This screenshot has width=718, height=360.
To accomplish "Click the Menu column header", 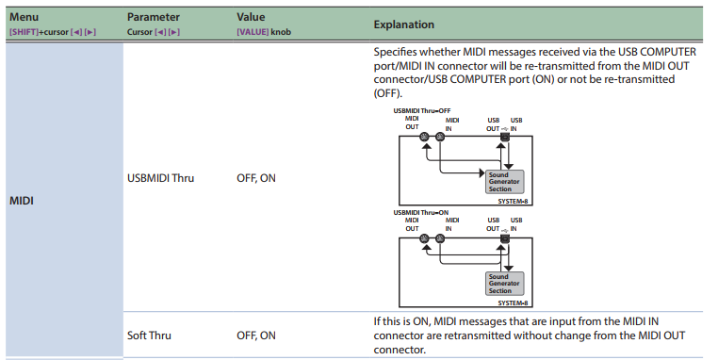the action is [x=24, y=17].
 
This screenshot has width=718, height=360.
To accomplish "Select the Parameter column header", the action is [x=154, y=17].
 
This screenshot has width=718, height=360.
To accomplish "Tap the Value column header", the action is [x=251, y=17].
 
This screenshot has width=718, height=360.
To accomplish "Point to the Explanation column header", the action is [x=404, y=25].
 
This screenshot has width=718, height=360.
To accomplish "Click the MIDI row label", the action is [x=22, y=201].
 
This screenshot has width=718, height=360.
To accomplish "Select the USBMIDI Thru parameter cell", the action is [x=161, y=178].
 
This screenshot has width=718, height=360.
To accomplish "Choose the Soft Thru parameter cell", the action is [x=149, y=335].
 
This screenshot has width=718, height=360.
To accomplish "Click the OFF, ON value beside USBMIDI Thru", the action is [x=256, y=178].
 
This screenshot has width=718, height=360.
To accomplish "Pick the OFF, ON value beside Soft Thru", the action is [x=256, y=335].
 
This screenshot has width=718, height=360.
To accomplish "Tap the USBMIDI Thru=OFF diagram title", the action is [x=422, y=111].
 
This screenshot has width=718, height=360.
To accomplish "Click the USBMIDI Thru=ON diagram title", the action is [x=421, y=213].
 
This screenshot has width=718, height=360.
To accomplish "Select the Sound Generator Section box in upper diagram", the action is [x=505, y=182].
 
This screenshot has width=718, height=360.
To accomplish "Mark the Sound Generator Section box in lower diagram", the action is [x=505, y=284].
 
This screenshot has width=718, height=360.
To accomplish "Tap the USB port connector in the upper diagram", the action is [x=505, y=137].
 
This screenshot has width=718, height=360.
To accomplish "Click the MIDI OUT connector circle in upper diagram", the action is [x=424, y=137].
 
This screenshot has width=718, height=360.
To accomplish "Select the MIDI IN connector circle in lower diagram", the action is [x=440, y=238].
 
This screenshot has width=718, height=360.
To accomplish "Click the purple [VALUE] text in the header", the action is [x=253, y=32].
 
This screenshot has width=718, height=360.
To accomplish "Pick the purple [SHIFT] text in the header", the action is [x=24, y=32].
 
